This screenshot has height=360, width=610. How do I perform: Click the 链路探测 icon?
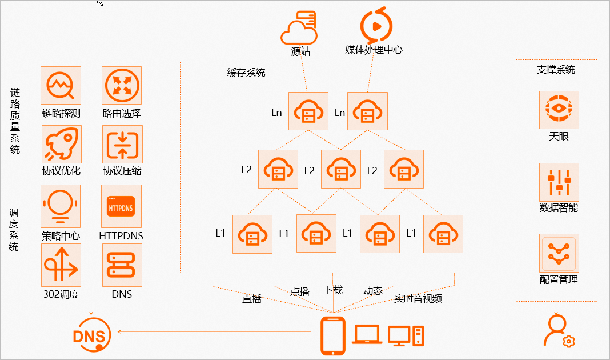(x=61, y=85)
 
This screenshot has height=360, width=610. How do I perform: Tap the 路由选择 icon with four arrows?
(x=122, y=85)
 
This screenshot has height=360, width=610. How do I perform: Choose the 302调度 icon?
(x=61, y=265)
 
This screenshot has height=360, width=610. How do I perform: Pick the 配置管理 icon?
(x=559, y=253)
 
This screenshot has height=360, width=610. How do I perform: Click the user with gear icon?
(x=557, y=331)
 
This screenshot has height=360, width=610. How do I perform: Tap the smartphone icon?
(x=333, y=335)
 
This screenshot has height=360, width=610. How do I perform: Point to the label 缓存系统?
(x=246, y=73)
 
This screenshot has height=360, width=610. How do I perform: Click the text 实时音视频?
(x=418, y=298)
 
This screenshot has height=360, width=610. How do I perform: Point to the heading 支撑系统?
(x=556, y=70)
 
